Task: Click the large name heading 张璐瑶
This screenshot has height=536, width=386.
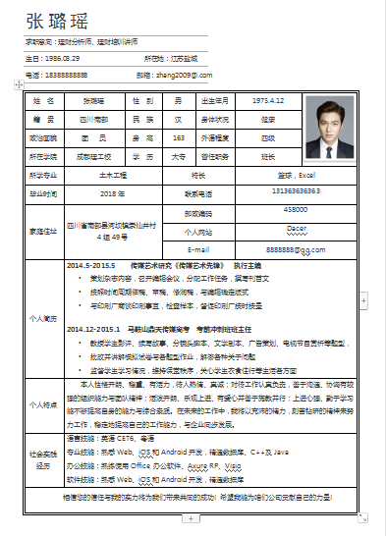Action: [64, 22]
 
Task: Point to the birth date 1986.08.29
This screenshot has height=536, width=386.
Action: [63, 59]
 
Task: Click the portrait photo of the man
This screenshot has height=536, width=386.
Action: [328, 129]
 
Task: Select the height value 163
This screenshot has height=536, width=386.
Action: [178, 136]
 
